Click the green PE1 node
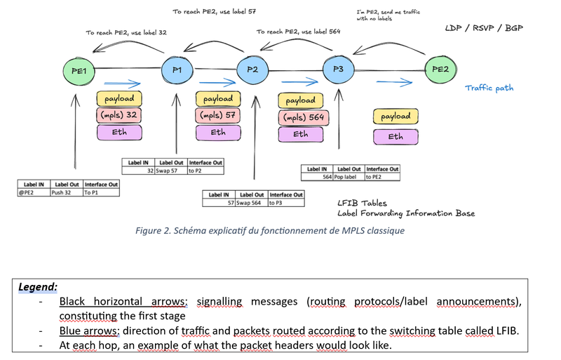point(79,70)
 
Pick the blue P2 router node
point(253,69)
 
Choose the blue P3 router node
point(338,69)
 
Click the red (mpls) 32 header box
point(119,115)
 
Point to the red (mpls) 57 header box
point(218,115)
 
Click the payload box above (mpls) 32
point(120,98)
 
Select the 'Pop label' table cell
point(349,177)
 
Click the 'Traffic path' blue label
point(488,88)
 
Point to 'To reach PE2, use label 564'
point(298,32)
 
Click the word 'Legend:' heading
point(38,287)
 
